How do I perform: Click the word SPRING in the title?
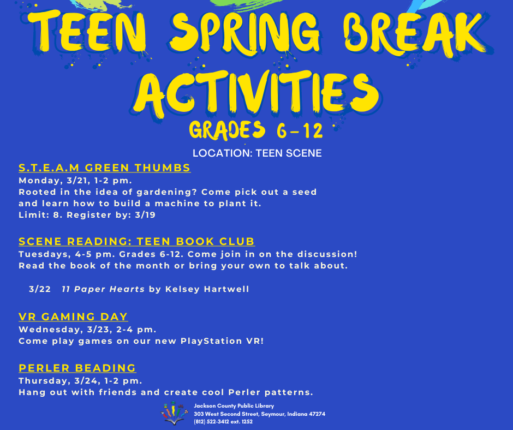(244, 34)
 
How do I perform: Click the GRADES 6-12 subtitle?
(256, 130)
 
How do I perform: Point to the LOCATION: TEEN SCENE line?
(257, 153)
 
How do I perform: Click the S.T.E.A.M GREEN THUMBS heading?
(105, 168)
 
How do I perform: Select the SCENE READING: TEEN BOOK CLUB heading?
(137, 241)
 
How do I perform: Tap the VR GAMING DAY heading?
(73, 316)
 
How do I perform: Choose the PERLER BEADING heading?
(77, 368)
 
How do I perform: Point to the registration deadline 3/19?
(145, 215)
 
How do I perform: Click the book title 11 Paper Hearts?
(103, 289)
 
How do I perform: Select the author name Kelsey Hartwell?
(207, 289)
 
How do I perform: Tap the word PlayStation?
(211, 341)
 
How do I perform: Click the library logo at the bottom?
(175, 413)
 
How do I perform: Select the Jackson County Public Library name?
(234, 406)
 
